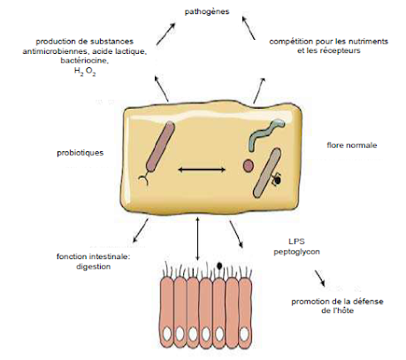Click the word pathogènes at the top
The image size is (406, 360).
click(207, 11)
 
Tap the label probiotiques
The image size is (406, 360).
click(80, 153)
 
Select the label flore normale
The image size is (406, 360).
click(352, 145)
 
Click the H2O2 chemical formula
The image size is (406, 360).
click(85, 72)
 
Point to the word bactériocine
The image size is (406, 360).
click(85, 60)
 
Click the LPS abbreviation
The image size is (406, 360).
click(296, 241)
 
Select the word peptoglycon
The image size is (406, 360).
click(296, 252)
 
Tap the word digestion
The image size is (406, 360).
click(94, 266)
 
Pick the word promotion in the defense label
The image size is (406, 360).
click(309, 302)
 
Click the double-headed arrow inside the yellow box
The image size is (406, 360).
click(202, 170)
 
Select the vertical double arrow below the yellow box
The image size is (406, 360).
click(197, 239)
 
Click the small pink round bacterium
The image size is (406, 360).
click(249, 165)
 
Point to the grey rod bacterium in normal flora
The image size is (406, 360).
click(267, 172)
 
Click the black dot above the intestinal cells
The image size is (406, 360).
click(219, 265)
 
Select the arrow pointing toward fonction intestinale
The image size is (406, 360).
click(141, 230)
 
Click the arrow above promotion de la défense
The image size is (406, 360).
click(319, 279)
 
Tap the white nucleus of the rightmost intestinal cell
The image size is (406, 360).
click(244, 334)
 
